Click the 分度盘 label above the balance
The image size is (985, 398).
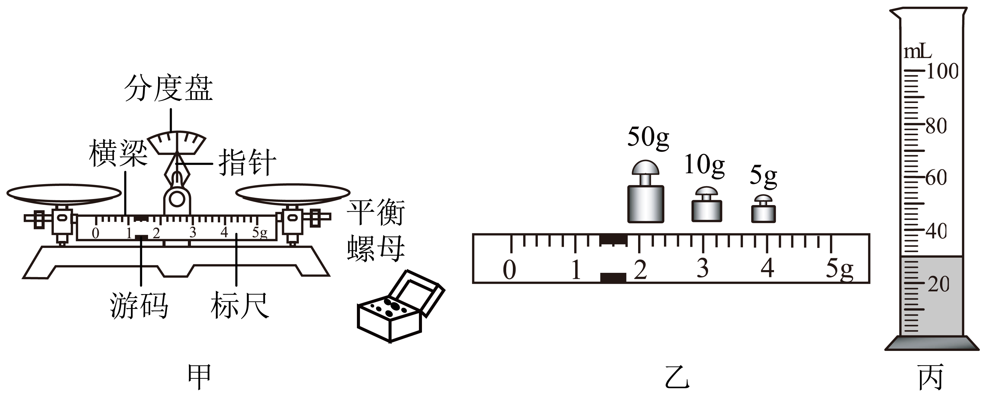point(168,88)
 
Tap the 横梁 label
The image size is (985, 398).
point(118,153)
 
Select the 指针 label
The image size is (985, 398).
point(247,162)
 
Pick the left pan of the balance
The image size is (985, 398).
point(64,194)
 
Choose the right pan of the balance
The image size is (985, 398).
point(292,194)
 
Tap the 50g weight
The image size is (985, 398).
point(645,192)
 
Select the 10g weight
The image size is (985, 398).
point(707,204)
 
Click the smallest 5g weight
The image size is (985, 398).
point(763,209)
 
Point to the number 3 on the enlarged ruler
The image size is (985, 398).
point(703,268)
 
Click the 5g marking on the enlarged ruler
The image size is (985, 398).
point(839,269)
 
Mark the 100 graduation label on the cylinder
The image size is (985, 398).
point(942,71)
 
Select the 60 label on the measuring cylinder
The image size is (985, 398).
point(936,178)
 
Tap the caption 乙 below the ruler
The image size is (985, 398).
point(677,377)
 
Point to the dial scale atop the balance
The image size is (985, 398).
point(177,142)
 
